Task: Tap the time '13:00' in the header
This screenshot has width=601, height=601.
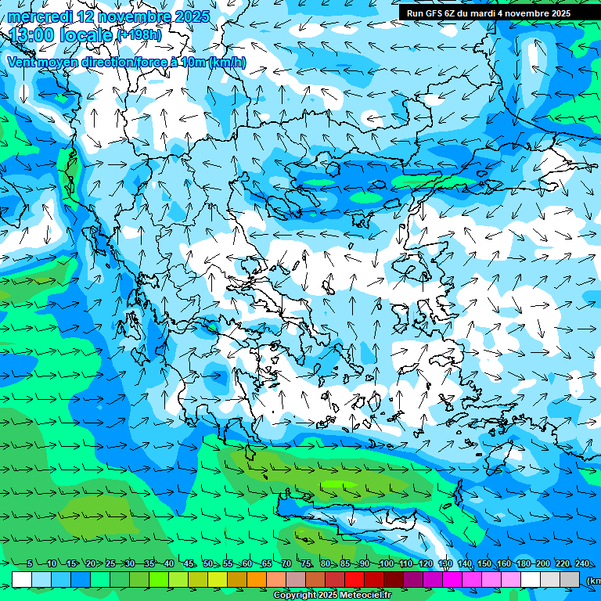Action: [31, 35]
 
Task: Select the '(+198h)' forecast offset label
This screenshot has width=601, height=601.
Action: [139, 35]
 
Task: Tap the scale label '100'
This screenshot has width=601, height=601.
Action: [386, 564]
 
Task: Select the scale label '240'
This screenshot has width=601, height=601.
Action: [582, 564]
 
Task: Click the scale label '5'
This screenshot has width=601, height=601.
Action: [29, 564]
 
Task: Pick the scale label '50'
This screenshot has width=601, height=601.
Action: [208, 564]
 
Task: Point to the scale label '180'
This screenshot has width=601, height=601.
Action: [523, 564]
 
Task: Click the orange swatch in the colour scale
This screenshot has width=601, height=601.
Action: [257, 579]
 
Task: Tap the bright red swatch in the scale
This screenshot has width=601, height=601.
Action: [354, 579]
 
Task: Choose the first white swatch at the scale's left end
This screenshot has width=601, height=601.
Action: [22, 579]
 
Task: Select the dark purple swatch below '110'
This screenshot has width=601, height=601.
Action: [413, 579]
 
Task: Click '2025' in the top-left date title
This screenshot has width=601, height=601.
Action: [192, 16]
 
